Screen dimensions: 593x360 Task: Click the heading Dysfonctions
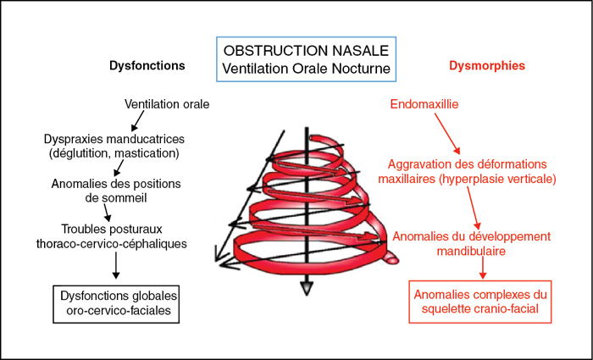[147, 66]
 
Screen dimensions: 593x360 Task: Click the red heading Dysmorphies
[487, 66]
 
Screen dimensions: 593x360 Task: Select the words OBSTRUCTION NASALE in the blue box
[306, 51]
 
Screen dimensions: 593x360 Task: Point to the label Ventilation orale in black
[167, 104]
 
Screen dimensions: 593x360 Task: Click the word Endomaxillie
[424, 104]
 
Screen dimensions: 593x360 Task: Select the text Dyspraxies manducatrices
[114, 139]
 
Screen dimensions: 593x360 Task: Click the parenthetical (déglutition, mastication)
[114, 154]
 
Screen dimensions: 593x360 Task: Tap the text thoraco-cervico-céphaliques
[112, 244]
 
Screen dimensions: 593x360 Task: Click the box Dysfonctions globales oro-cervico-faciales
[116, 304]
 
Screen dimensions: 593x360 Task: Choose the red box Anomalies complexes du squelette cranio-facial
[480, 302]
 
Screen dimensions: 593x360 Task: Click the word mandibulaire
[471, 251]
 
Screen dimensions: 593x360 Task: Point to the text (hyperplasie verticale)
[498, 180]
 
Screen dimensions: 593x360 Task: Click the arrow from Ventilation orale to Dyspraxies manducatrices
[136, 121]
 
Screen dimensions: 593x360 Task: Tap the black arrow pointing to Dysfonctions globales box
[116, 265]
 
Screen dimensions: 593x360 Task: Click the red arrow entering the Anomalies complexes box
[483, 269]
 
